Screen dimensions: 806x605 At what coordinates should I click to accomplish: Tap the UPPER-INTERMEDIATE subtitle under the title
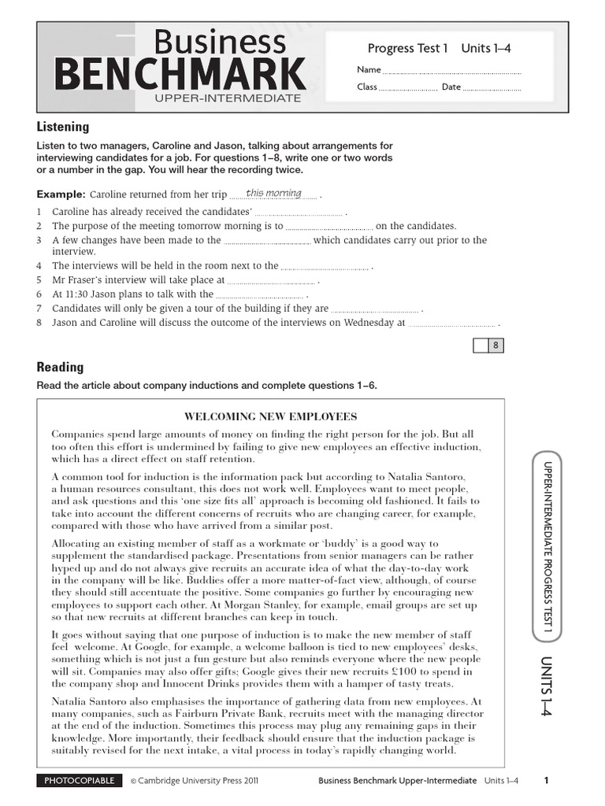point(228,98)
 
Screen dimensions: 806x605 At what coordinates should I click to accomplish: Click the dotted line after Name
point(451,72)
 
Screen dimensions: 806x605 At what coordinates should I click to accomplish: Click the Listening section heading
point(63,127)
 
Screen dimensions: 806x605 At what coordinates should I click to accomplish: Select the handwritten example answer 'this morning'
point(273,194)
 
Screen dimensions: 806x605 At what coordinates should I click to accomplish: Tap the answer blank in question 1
point(299,213)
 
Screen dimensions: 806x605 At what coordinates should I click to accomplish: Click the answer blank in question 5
point(272,281)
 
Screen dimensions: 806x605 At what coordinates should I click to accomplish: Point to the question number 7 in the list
point(39,309)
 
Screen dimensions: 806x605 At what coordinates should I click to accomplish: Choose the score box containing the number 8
point(496,346)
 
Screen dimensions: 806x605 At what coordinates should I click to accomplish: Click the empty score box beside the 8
point(480,346)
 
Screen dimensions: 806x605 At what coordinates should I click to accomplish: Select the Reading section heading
point(60,367)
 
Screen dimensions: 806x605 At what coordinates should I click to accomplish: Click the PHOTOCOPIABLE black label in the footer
point(80,781)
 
